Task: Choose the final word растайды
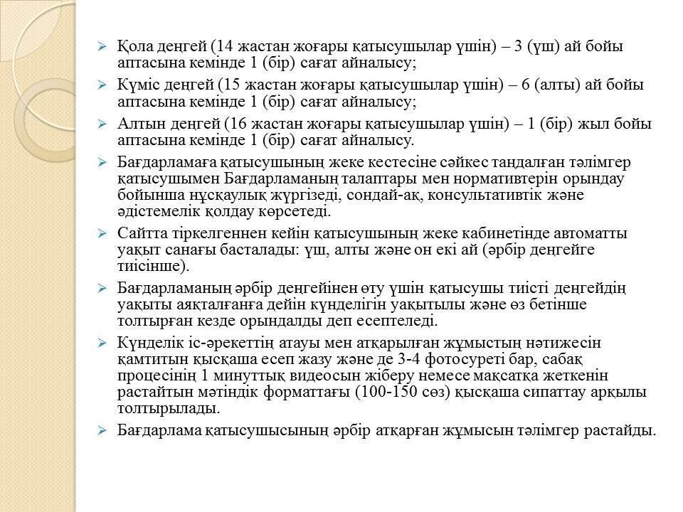[x=619, y=431]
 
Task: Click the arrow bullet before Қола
[x=102, y=48]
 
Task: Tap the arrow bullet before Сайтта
[x=102, y=234]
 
